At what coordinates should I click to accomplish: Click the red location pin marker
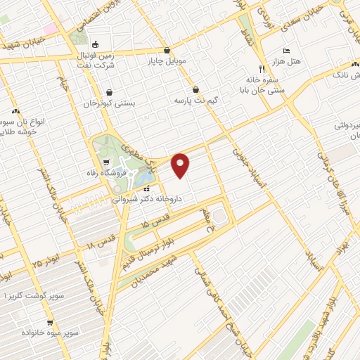[181, 165]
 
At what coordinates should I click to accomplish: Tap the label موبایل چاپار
[167, 60]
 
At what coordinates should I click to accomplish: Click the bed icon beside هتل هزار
[285, 51]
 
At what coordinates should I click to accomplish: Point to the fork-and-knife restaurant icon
[262, 69]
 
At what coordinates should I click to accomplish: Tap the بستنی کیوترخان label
[108, 103]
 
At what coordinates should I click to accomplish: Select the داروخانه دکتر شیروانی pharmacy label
[172, 199]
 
